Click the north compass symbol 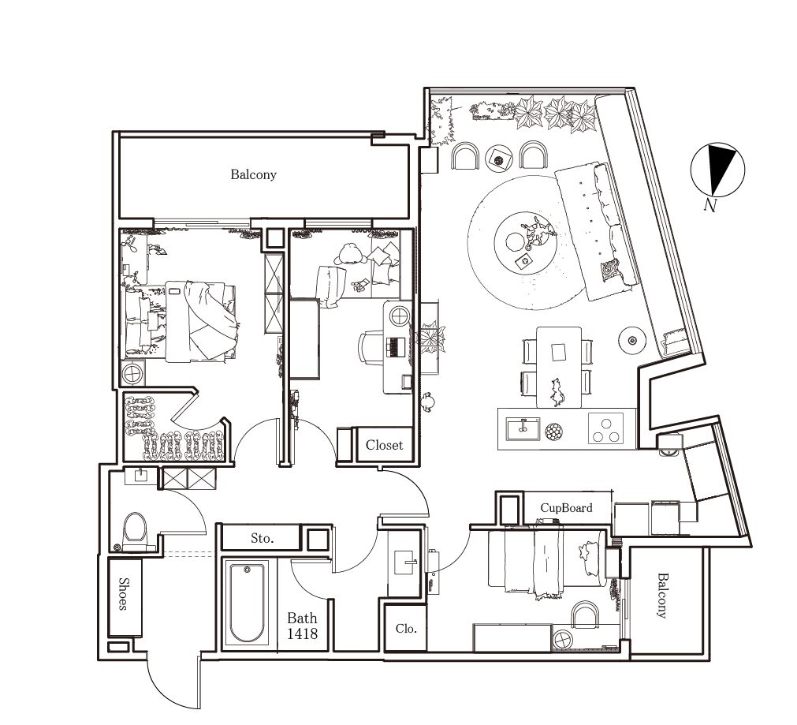(717, 170)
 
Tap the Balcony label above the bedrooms (253, 174)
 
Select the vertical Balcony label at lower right (661, 596)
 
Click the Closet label (384, 445)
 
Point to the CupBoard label (566, 508)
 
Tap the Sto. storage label (262, 538)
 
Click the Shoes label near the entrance (123, 593)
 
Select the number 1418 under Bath (302, 633)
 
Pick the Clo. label (406, 629)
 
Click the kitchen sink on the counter (523, 428)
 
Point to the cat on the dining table (557, 392)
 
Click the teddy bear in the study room (350, 254)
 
